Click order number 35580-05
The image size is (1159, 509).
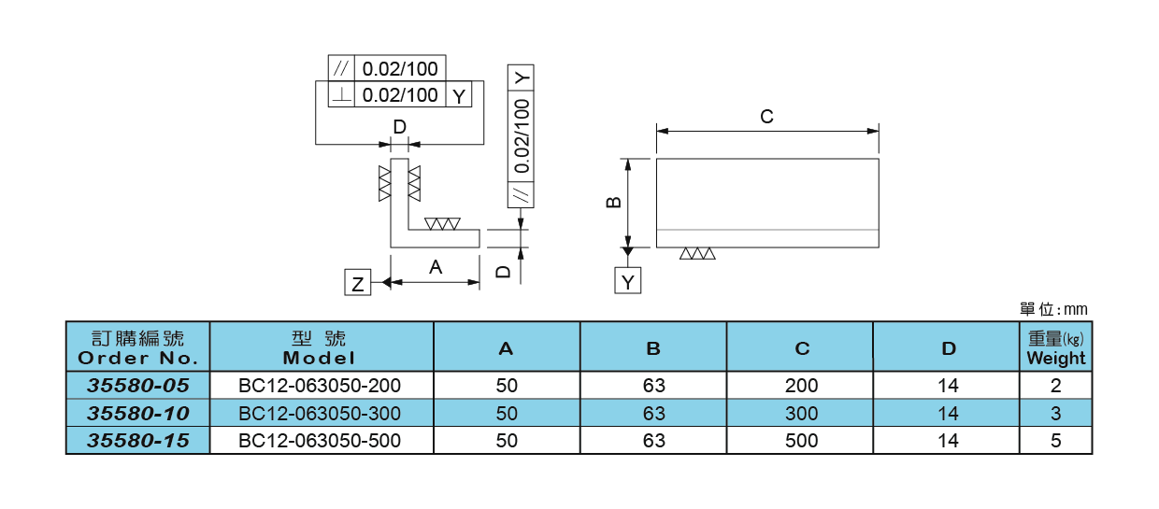pyautogui.click(x=137, y=385)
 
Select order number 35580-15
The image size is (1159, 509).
pyautogui.click(x=137, y=441)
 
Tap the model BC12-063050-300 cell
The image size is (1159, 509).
pyautogui.click(x=321, y=413)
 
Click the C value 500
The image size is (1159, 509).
pyautogui.click(x=801, y=441)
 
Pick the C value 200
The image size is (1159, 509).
pyautogui.click(x=801, y=385)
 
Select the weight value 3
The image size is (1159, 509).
pyautogui.click(x=1055, y=413)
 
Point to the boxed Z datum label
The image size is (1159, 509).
pyautogui.click(x=357, y=284)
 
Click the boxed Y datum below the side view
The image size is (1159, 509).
pyautogui.click(x=628, y=280)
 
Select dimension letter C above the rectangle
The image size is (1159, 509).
pyautogui.click(x=766, y=117)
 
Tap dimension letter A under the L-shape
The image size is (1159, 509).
pyautogui.click(x=436, y=267)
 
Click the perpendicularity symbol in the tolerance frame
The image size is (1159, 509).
pyautogui.click(x=342, y=95)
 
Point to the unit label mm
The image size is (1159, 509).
pyautogui.click(x=1075, y=309)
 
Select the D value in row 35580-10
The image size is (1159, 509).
pyautogui.click(x=948, y=413)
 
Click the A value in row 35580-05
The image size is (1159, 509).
pyautogui.click(x=507, y=385)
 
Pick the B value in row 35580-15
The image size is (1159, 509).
pyautogui.click(x=653, y=441)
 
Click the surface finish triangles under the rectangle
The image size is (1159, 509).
pyautogui.click(x=697, y=253)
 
